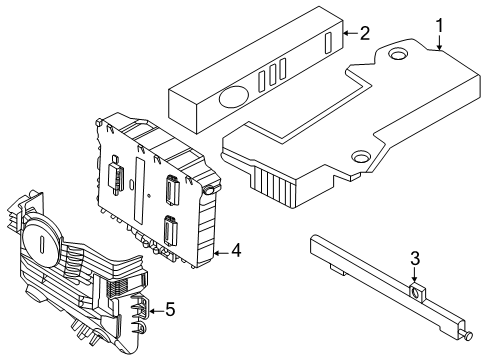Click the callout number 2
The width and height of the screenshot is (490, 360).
pyautogui.click(x=365, y=33)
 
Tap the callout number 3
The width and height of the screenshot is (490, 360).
pyautogui.click(x=414, y=262)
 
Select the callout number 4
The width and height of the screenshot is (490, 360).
pyautogui.click(x=236, y=250)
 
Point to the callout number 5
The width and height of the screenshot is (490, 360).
pyautogui.click(x=170, y=309)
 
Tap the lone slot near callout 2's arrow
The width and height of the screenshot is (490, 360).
pyautogui.click(x=329, y=44)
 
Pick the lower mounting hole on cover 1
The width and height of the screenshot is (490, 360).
pyautogui.click(x=358, y=156)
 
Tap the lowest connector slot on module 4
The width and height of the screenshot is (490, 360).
pyautogui.click(x=170, y=237)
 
